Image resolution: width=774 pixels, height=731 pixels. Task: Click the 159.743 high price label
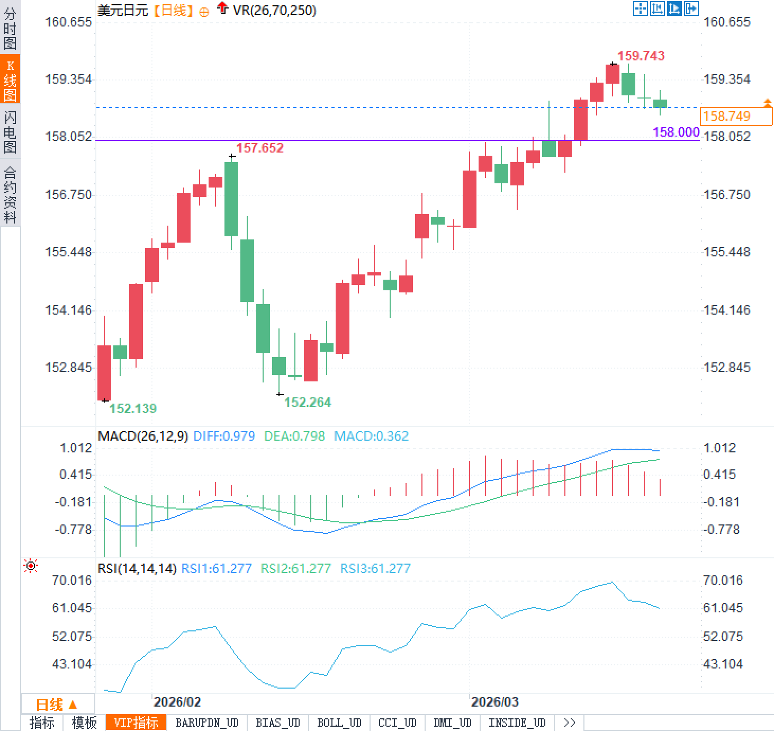(641, 56)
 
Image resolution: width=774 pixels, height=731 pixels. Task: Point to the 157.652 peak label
(259, 148)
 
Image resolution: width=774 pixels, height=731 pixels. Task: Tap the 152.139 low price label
(133, 408)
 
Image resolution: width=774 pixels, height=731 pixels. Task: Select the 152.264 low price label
(308, 402)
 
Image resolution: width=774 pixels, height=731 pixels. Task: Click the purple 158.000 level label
(676, 132)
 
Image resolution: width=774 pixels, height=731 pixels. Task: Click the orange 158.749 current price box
(736, 116)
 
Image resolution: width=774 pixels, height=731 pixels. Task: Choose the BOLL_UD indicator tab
(339, 723)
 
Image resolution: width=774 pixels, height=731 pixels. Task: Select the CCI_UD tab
(397, 723)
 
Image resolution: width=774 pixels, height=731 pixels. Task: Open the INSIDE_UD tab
(517, 723)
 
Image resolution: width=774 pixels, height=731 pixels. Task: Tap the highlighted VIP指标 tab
(136, 723)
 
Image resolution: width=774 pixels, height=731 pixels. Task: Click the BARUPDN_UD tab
(207, 723)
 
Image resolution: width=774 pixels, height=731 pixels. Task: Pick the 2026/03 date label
(494, 702)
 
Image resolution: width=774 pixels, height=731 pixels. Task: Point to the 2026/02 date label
(177, 702)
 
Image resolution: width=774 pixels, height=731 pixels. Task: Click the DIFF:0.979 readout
(224, 436)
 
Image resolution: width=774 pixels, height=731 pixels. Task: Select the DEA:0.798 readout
(294, 436)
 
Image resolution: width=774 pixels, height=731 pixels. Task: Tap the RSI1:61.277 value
(216, 568)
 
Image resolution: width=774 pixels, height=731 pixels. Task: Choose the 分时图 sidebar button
(10, 28)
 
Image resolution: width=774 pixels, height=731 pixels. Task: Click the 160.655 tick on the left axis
(68, 22)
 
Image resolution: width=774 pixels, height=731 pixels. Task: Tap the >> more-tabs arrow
(570, 723)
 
